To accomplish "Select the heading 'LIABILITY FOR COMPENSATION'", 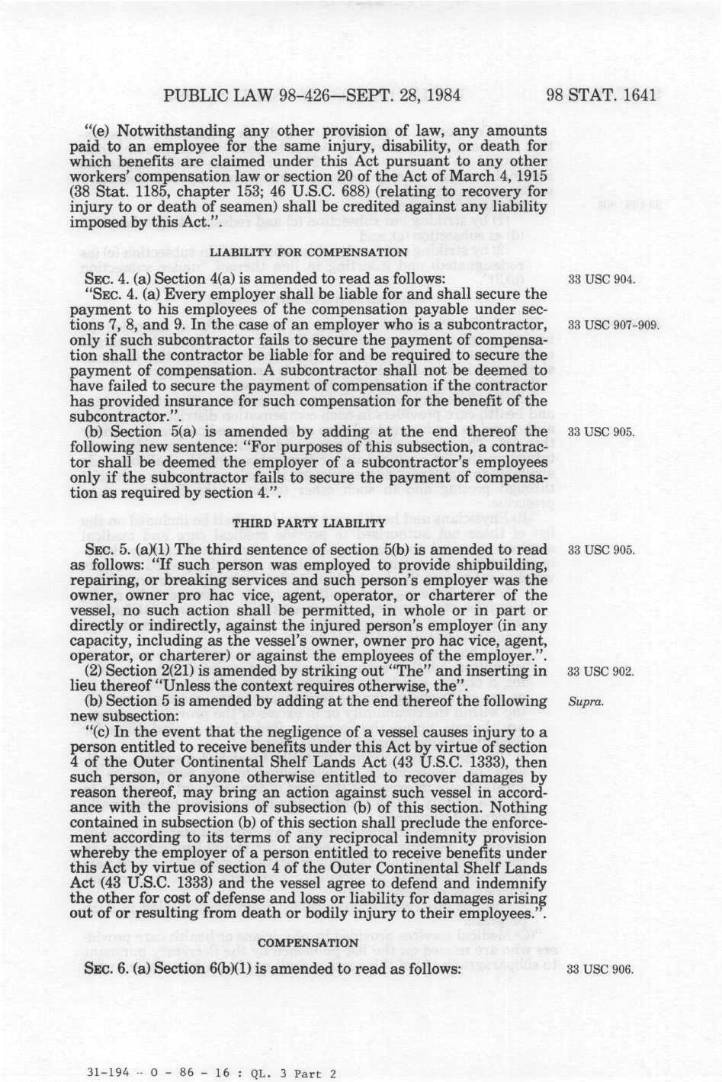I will (308, 252).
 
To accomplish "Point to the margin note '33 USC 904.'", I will (602, 279).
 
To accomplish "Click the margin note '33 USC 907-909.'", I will (614, 325).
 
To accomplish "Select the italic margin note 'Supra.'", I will (586, 702).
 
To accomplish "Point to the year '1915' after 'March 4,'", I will (531, 177).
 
